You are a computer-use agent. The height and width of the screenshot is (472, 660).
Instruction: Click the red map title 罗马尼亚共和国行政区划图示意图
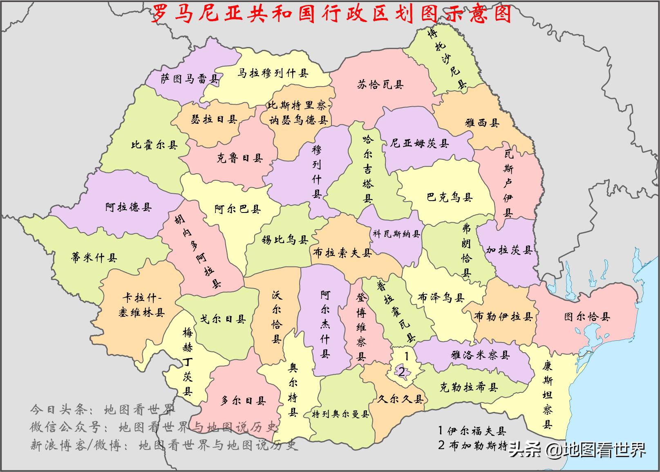[331, 14]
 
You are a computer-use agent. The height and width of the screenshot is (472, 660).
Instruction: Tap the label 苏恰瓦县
[380, 85]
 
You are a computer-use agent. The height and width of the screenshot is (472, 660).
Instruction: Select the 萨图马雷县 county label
[189, 78]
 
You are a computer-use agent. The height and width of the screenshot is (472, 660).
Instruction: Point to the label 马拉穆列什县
[273, 74]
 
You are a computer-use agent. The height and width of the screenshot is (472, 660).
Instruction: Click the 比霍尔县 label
[154, 145]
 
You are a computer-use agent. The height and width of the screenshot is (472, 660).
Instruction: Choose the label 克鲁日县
[239, 158]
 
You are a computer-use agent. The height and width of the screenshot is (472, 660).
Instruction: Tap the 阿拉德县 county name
[128, 207]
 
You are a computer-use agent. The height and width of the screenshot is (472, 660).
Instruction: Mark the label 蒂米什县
[94, 257]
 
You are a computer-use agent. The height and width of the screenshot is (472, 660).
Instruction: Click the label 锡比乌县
[285, 239]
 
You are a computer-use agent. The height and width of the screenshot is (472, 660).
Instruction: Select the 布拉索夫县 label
[342, 253]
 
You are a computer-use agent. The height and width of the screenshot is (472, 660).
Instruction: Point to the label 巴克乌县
[450, 197]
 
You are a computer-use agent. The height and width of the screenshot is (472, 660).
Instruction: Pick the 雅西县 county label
[482, 123]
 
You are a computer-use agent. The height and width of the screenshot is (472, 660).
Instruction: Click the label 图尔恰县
[587, 317]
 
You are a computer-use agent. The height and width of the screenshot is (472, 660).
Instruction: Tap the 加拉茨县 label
[509, 250]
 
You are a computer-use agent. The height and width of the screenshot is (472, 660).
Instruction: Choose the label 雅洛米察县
[480, 355]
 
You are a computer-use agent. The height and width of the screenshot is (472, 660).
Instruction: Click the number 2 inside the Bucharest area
[402, 372]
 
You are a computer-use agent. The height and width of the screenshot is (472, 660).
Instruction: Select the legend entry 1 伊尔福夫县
[472, 430]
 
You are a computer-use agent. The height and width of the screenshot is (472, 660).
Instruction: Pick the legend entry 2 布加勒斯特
[472, 445]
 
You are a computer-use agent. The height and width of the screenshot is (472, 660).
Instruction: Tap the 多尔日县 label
[243, 401]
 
